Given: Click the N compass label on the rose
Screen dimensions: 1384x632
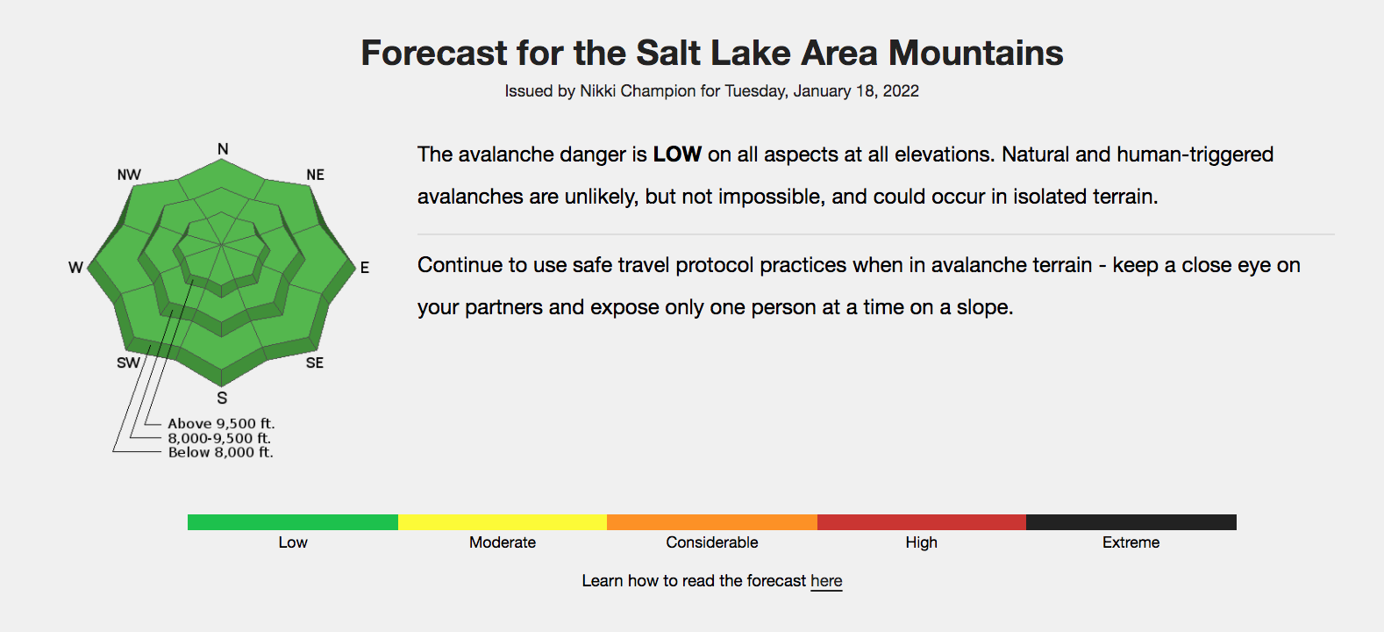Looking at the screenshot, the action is click(223, 149).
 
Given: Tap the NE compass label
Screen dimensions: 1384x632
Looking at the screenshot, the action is click(315, 175).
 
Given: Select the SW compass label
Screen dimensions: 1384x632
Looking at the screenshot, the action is click(129, 363).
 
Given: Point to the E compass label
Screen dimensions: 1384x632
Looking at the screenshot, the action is click(365, 268).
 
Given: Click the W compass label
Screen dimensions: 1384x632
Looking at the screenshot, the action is click(75, 268).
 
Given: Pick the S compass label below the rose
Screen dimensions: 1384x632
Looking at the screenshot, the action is click(222, 399).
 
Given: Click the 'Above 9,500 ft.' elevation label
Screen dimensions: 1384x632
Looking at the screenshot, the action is click(221, 424).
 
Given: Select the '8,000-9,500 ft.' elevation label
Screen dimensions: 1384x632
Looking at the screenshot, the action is click(219, 438).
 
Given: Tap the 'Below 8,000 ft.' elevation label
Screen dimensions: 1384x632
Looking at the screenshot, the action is click(220, 453).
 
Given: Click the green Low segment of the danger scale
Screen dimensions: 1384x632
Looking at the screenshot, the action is click(293, 522).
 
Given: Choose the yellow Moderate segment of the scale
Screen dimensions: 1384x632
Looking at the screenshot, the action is click(503, 522).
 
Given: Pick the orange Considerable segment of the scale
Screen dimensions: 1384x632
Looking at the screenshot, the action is click(712, 522).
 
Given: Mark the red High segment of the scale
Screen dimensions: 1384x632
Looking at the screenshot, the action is click(921, 522).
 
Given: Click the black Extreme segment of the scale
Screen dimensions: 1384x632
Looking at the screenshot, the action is click(1131, 522).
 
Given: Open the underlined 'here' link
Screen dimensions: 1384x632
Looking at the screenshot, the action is click(826, 581).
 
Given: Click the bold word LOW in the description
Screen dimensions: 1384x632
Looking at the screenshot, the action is click(677, 154).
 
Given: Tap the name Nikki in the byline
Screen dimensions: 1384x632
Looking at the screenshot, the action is click(598, 91).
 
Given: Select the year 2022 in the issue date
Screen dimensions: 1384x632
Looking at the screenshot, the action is click(901, 91).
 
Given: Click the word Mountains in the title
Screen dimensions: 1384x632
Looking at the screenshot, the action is click(975, 54).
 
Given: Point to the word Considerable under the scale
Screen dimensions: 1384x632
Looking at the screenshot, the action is click(712, 542).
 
